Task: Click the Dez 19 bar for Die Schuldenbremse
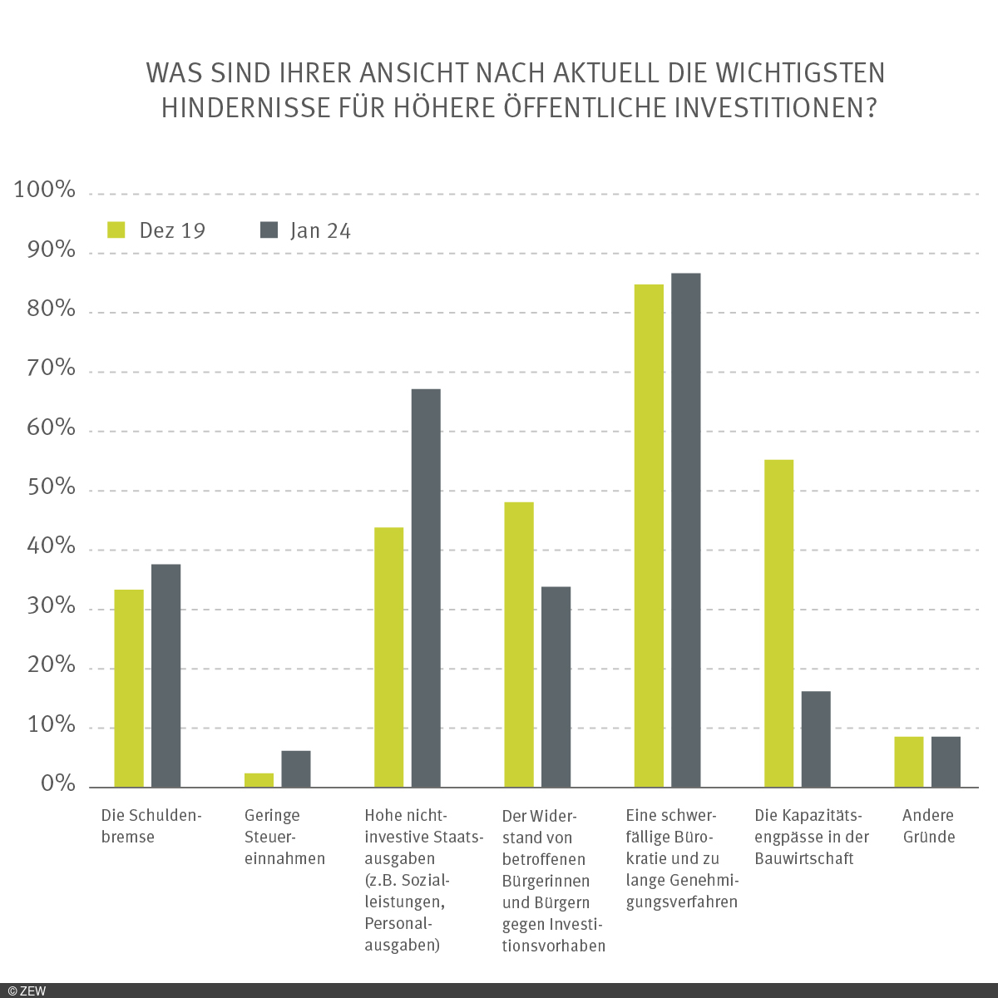(x=129, y=689)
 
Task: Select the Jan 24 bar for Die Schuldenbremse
(x=166, y=675)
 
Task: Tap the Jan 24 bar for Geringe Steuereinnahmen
(x=295, y=769)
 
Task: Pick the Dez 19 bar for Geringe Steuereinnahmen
(x=259, y=780)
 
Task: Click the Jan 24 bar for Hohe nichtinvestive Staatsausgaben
(x=426, y=588)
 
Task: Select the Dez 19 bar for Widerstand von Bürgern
(x=519, y=645)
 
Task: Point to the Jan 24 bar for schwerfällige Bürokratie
(x=685, y=530)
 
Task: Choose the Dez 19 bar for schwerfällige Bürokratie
(x=649, y=536)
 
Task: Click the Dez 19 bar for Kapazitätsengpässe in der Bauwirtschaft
(x=778, y=624)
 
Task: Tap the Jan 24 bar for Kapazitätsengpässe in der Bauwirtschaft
(x=816, y=739)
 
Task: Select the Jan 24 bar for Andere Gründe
(x=946, y=762)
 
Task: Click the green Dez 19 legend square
(x=116, y=230)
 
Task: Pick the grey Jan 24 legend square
(x=269, y=230)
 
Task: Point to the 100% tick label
(x=45, y=190)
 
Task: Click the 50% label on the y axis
(x=51, y=487)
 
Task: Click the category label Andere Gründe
(x=928, y=826)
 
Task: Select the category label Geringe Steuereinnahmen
(x=284, y=837)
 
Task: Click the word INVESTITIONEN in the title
(x=770, y=109)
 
